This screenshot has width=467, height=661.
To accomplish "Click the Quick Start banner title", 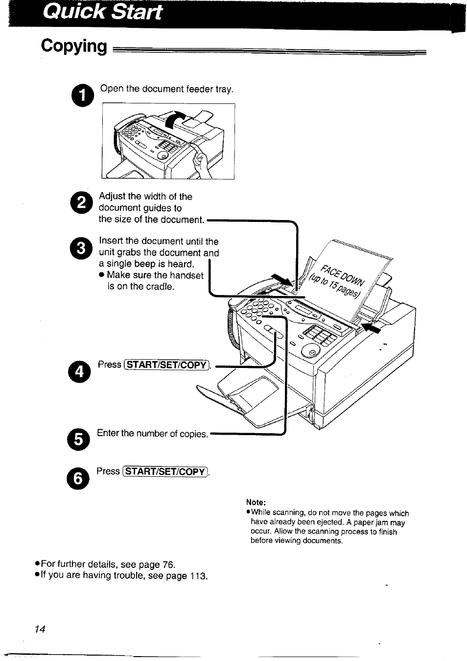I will [102, 12].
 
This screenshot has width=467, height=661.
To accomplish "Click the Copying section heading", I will [74, 46].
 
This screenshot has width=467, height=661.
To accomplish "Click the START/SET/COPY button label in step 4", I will [166, 365].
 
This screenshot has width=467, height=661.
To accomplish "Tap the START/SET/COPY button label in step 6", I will [165, 472].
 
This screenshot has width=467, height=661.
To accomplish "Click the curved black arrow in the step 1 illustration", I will [178, 119].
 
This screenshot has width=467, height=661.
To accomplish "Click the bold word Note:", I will [256, 502].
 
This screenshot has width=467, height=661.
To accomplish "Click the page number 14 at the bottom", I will [40, 630].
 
